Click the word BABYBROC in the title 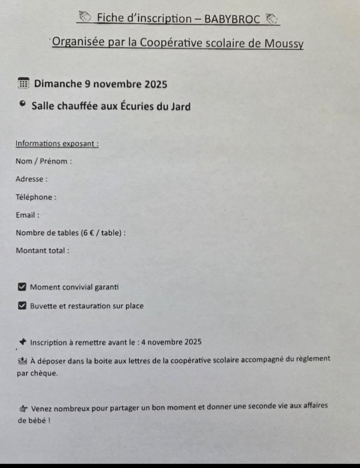pyautogui.click(x=232, y=19)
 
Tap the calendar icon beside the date pyautogui.click(x=23, y=83)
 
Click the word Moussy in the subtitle pyautogui.click(x=284, y=43)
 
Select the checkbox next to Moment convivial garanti pyautogui.click(x=22, y=287)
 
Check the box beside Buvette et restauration pyautogui.click(x=22, y=306)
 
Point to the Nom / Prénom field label pyautogui.click(x=44, y=161)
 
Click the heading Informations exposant pyautogui.click(x=57, y=144)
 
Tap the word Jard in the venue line pyautogui.click(x=181, y=106)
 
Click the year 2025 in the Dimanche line pyautogui.click(x=156, y=84)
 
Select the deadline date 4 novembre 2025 pyautogui.click(x=171, y=342)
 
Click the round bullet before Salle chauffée pyautogui.click(x=22, y=104)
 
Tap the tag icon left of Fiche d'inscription pyautogui.click(x=85, y=16)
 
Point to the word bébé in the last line pyautogui.click(x=37, y=421)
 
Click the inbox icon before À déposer pyautogui.click(x=23, y=361)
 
